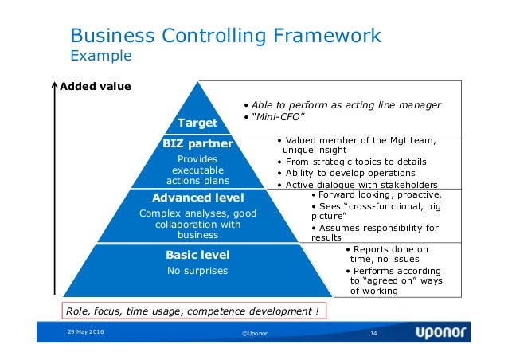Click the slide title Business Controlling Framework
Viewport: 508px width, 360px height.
click(x=226, y=35)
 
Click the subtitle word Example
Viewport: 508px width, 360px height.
click(x=101, y=57)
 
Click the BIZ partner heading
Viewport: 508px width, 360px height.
click(x=197, y=144)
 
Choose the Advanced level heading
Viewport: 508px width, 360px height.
click(x=197, y=197)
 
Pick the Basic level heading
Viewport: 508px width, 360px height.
click(x=197, y=255)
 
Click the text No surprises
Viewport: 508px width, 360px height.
click(x=197, y=271)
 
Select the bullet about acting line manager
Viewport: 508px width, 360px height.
click(x=342, y=105)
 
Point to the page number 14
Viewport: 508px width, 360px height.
click(x=372, y=331)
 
